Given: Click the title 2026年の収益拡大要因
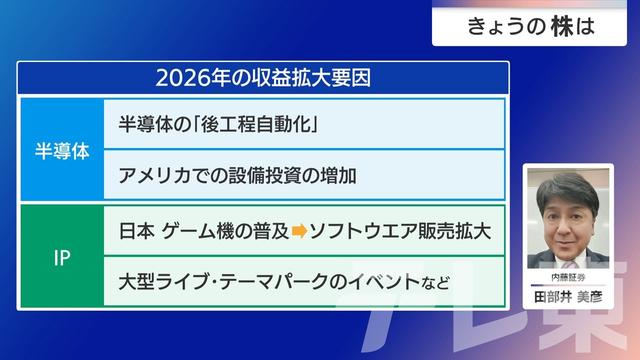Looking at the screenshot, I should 263,77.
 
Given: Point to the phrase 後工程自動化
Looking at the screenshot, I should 264,128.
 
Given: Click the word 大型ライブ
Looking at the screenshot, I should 159,281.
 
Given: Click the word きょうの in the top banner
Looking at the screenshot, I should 503,26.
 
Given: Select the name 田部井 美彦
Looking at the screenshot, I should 567,295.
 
